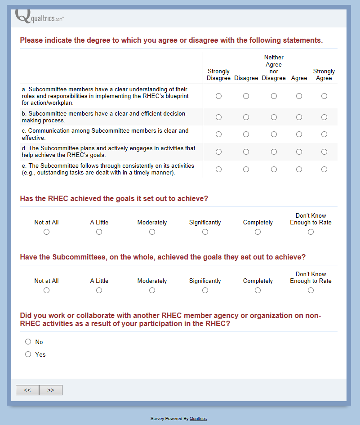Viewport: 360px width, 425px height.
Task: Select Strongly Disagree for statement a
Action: click(218, 96)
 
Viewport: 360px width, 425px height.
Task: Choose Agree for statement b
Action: click(299, 117)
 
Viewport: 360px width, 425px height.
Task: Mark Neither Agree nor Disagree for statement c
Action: click(274, 134)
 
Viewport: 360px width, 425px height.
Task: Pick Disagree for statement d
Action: click(246, 152)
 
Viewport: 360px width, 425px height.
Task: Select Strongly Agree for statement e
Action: click(324, 170)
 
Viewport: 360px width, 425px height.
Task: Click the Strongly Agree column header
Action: click(324, 75)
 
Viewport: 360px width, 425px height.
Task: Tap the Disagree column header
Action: click(246, 78)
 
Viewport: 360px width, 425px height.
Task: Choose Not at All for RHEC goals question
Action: click(46, 232)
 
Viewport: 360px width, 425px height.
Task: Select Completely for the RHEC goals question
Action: click(258, 232)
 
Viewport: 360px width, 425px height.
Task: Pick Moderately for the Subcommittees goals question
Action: click(152, 291)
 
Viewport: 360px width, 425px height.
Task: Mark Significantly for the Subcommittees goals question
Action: click(205, 291)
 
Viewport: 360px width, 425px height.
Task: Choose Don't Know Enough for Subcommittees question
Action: click(311, 291)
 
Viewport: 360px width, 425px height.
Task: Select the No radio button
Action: click(28, 342)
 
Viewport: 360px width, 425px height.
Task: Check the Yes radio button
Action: click(28, 354)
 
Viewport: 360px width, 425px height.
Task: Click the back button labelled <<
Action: click(27, 390)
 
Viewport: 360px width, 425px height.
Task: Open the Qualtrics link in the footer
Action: click(198, 419)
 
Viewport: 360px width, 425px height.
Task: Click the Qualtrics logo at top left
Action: click(39, 17)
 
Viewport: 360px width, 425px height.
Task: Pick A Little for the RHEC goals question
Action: click(99, 232)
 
